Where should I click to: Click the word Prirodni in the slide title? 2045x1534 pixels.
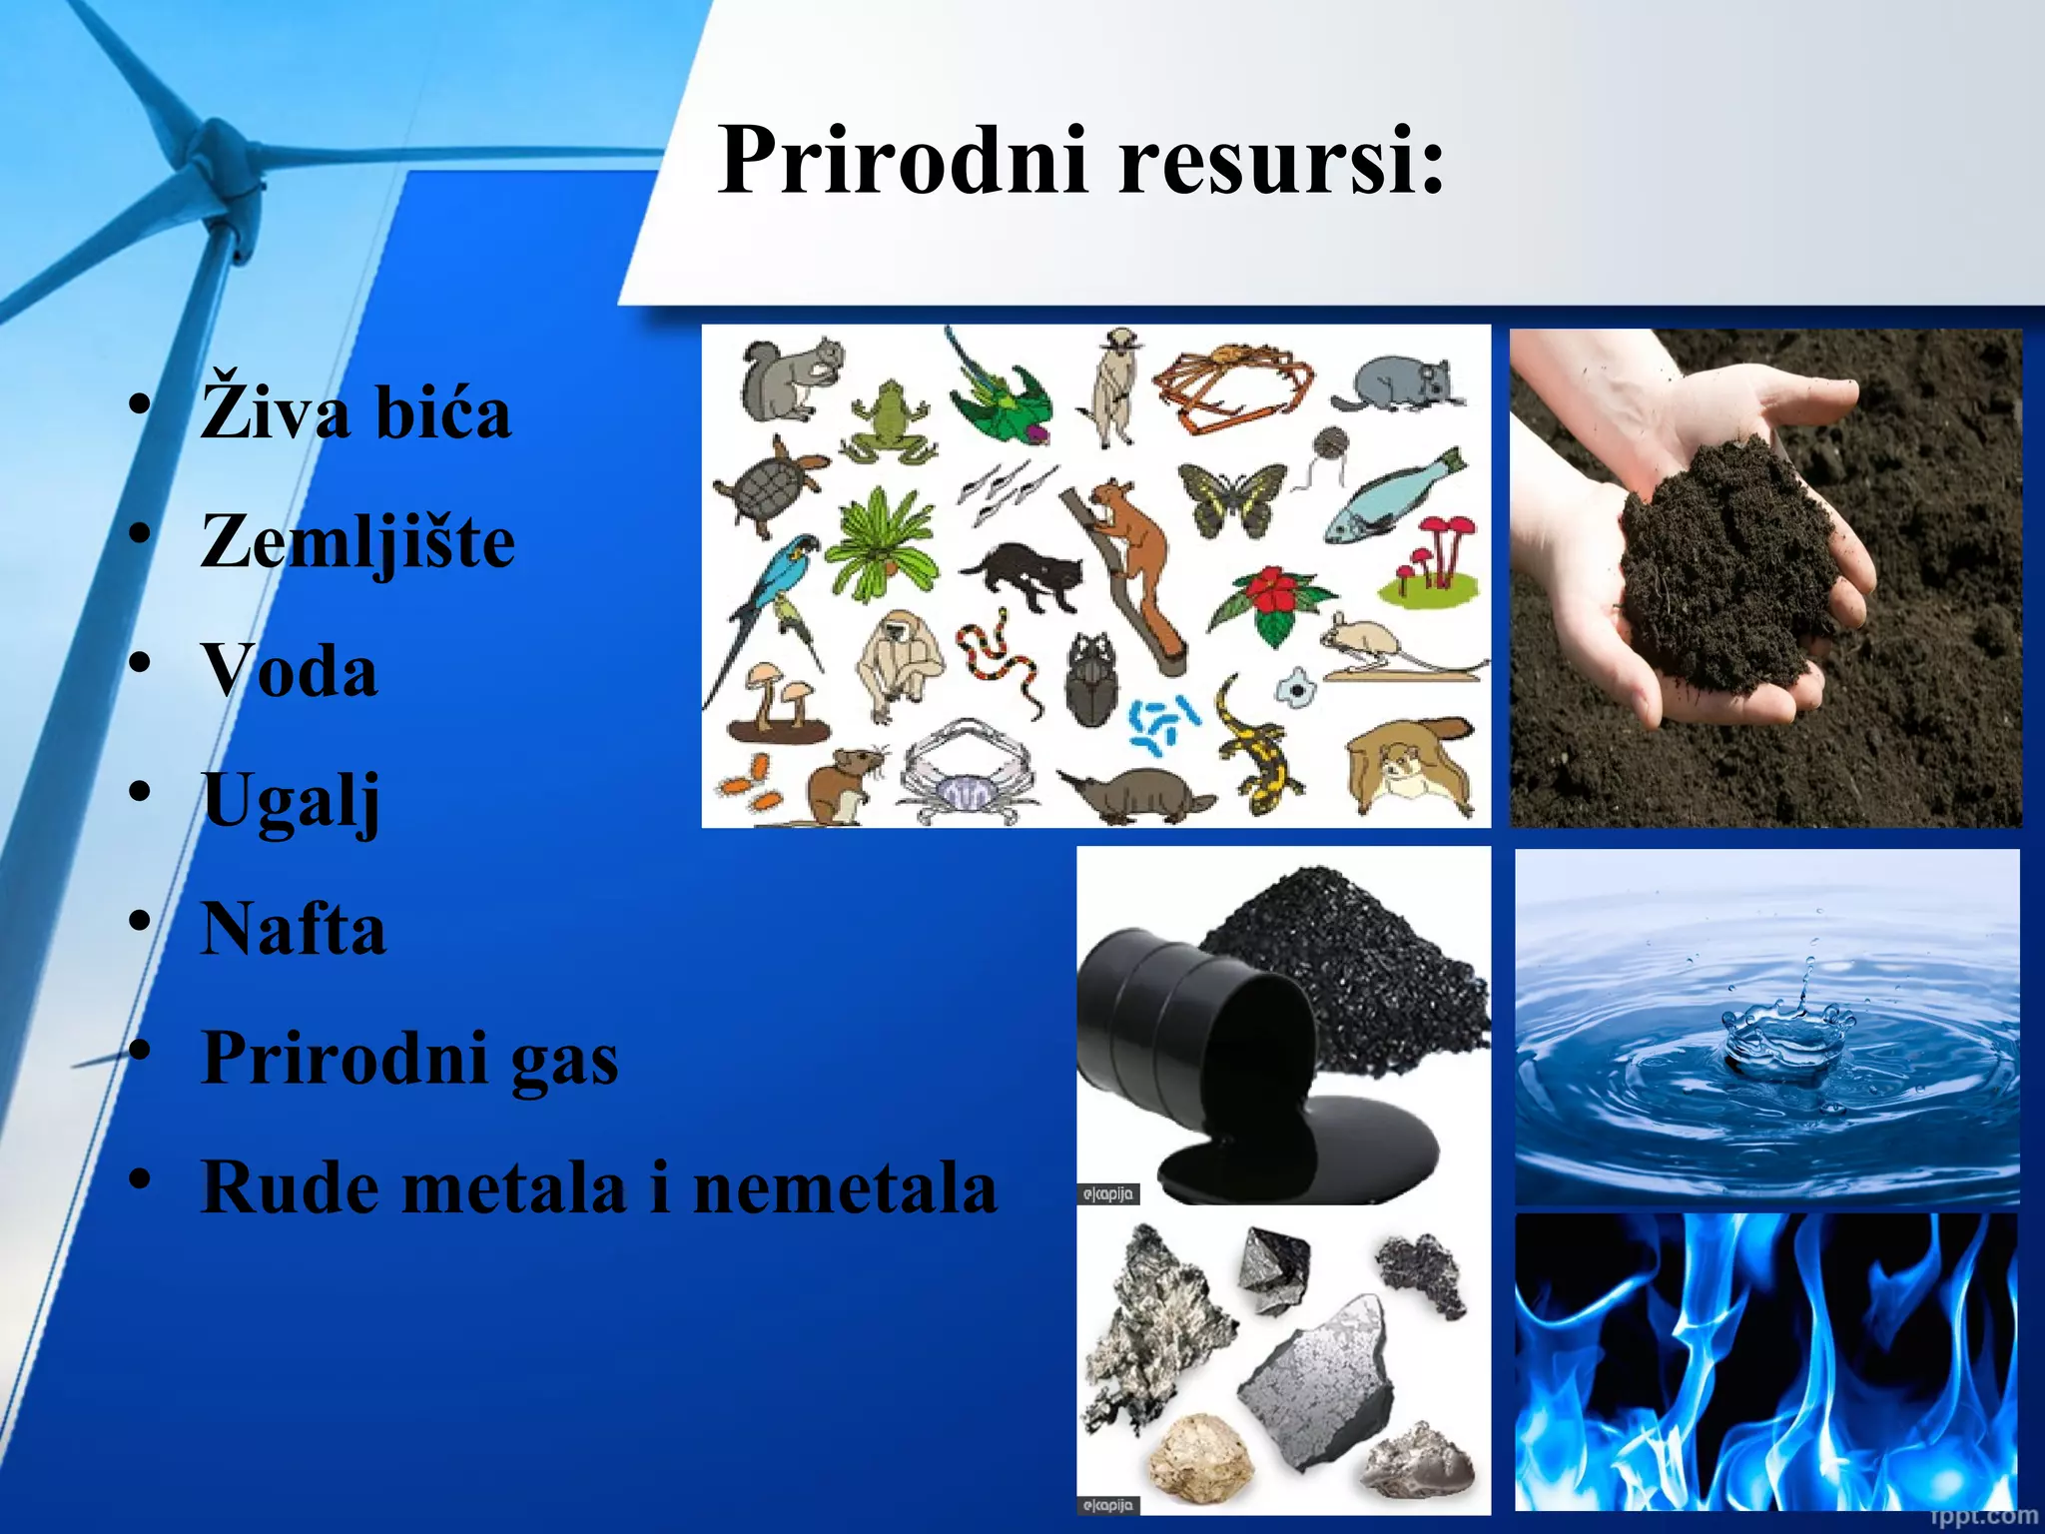902,161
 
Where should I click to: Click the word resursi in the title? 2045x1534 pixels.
1280,161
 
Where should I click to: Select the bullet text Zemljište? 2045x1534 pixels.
357,542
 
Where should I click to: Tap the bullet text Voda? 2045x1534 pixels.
290,670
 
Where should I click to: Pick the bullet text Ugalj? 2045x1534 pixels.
291,801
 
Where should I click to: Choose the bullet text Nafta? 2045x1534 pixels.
294,929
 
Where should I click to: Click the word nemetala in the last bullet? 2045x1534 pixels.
845,1187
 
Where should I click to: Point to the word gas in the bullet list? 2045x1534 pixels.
564,1058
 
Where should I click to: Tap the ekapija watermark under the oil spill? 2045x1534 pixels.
1108,1193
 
